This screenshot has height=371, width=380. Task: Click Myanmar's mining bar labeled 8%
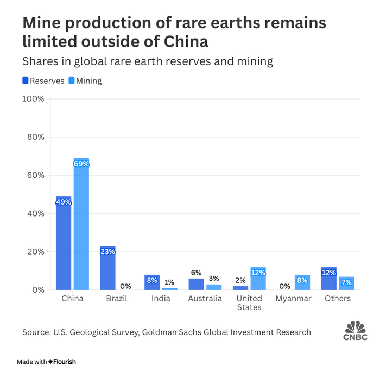click(x=302, y=282)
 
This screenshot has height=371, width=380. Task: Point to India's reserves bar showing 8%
click(x=152, y=282)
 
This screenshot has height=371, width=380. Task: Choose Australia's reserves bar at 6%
click(x=196, y=284)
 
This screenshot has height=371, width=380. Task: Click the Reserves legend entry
click(x=43, y=81)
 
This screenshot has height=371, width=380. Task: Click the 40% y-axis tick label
click(x=35, y=214)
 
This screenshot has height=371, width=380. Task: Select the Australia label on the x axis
click(x=205, y=299)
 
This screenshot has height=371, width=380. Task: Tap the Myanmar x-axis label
click(x=293, y=299)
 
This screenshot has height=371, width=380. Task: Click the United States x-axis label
click(x=249, y=302)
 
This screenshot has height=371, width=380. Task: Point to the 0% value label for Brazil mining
click(x=125, y=286)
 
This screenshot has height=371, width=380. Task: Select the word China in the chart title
click(x=178, y=41)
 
